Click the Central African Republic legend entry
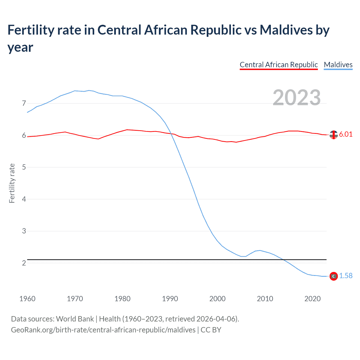click(x=278, y=65)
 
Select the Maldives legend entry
click(x=338, y=65)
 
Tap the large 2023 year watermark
click(x=297, y=97)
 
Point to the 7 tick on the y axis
click(x=24, y=103)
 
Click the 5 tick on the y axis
click(x=24, y=167)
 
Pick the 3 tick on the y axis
click(x=24, y=231)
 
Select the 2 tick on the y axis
click(x=24, y=263)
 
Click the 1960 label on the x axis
click(x=27, y=299)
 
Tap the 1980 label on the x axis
click(x=122, y=299)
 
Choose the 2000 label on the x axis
click(x=217, y=299)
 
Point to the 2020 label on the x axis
click(x=312, y=299)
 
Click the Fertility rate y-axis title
click(x=12, y=183)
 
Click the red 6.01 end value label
click(x=346, y=134)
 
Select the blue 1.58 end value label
click(x=346, y=276)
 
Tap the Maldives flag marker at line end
click(x=334, y=276)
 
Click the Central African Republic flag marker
click(x=334, y=135)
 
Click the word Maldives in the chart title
click(x=286, y=30)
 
